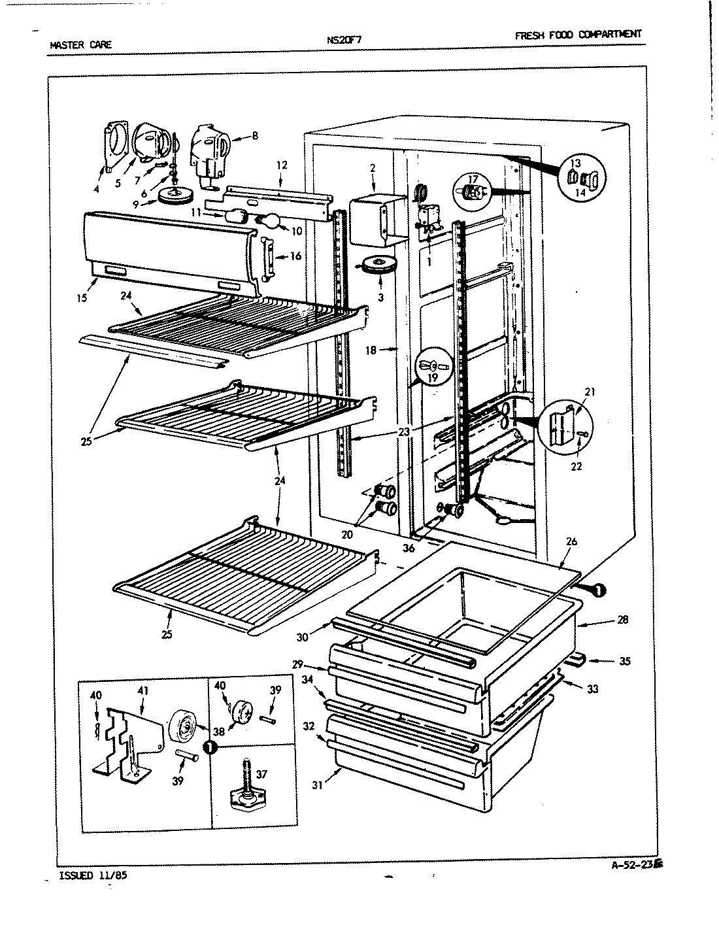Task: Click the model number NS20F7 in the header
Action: [344, 39]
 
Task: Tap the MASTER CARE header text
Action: [80, 44]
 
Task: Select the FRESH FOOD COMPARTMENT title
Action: [578, 35]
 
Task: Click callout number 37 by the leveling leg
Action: [262, 775]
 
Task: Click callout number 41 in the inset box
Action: [142, 689]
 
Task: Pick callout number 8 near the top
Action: [254, 136]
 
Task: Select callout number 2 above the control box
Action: [372, 168]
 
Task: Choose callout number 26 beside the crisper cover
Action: [571, 541]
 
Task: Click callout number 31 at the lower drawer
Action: [318, 785]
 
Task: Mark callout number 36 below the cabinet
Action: [409, 548]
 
